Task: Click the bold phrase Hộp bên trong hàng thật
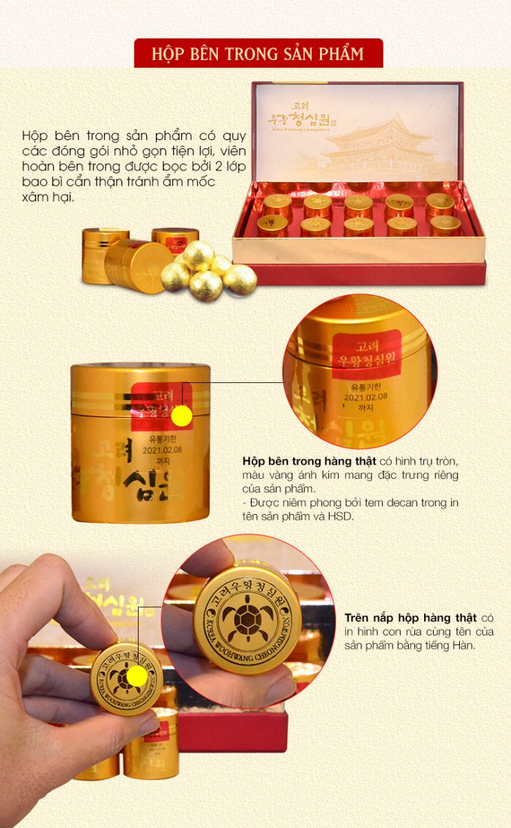tap(292, 460)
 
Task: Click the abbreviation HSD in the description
tap(344, 515)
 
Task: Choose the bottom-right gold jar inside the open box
tap(444, 226)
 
